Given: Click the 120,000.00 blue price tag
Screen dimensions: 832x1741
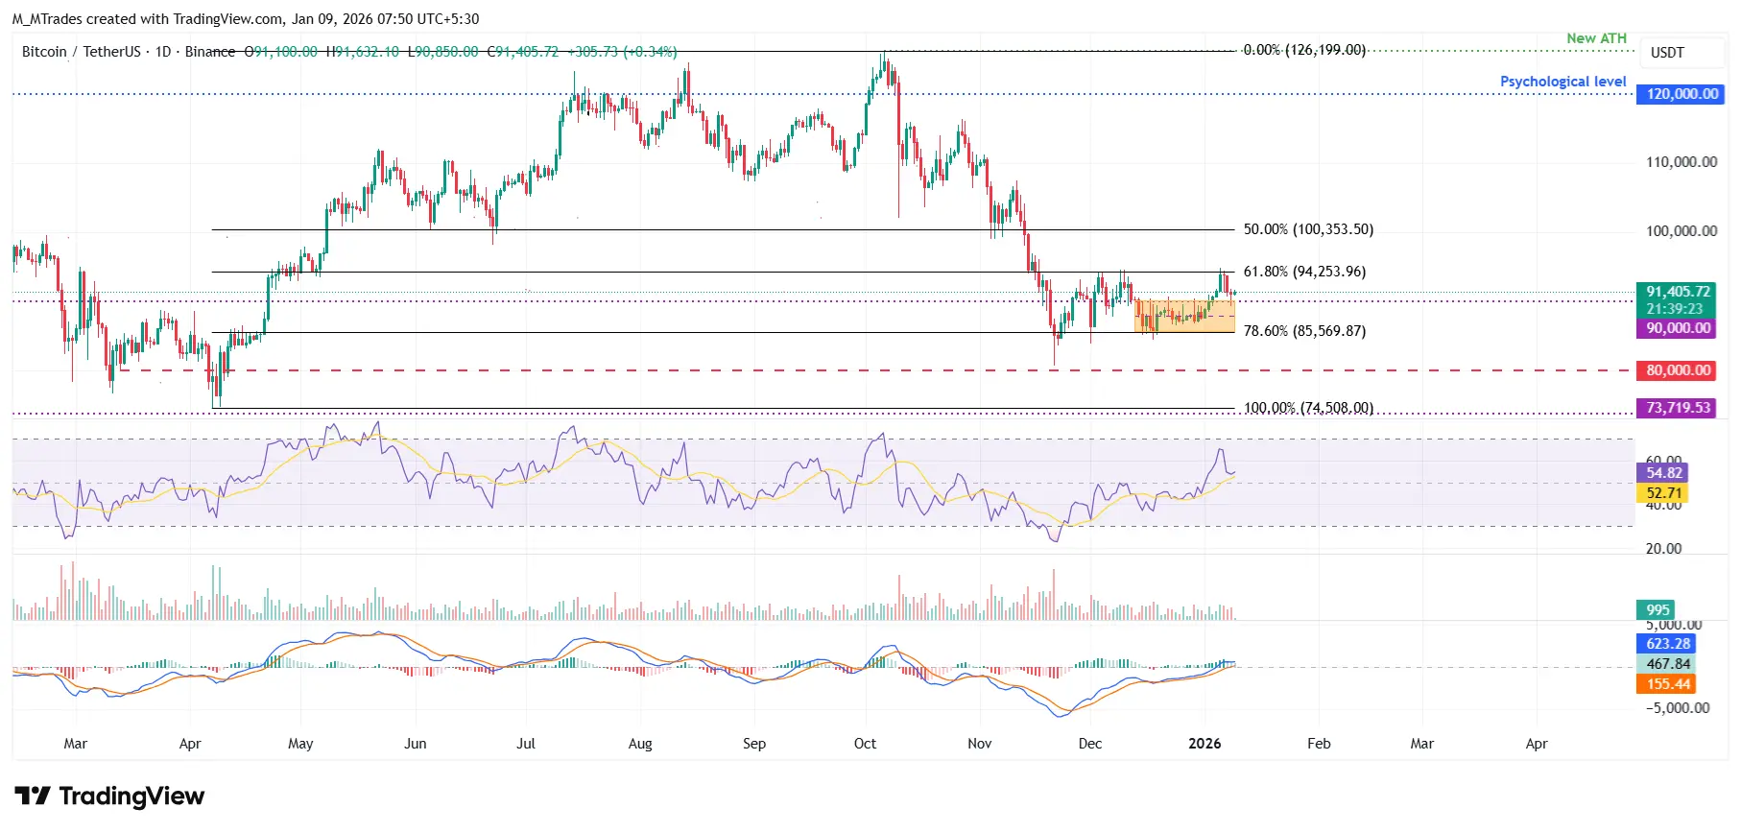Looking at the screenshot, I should (1681, 94).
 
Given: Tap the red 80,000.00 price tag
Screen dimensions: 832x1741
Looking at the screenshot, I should (1678, 370).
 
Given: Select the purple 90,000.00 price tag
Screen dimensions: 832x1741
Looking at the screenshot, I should (1678, 328).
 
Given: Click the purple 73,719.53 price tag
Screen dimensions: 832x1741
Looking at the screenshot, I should (1678, 408).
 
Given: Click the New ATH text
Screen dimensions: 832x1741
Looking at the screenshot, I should (1596, 38).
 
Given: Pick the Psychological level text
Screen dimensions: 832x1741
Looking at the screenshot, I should (1562, 82).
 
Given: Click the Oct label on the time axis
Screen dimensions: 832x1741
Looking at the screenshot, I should (865, 744).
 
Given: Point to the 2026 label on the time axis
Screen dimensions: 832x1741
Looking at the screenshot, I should (1204, 744).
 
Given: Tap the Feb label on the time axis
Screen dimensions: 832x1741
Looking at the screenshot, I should (1319, 744).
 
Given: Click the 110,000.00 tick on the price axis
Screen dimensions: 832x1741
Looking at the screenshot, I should (1681, 162).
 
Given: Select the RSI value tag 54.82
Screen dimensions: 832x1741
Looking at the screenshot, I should (1663, 473).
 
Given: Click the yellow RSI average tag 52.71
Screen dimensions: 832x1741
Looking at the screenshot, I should (1663, 493).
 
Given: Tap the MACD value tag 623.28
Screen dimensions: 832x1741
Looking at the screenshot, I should (1667, 644).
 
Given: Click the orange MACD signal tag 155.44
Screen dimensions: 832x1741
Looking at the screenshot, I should (1667, 684).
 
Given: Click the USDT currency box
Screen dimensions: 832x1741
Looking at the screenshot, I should (1667, 53).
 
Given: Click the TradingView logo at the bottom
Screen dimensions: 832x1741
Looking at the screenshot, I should (109, 796).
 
